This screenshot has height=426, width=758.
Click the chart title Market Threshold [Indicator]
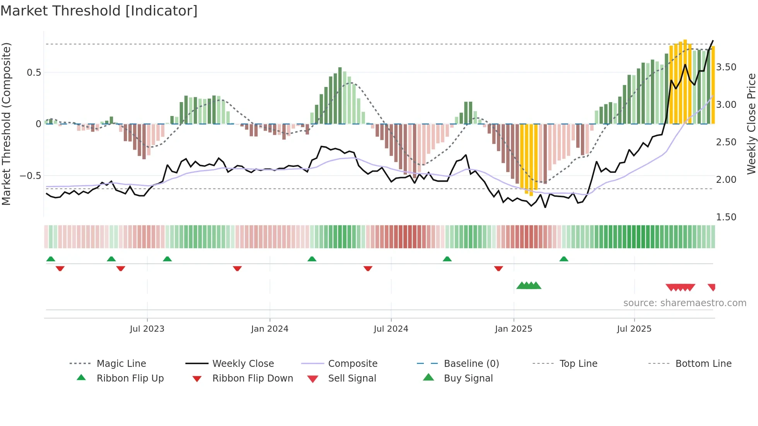click(99, 11)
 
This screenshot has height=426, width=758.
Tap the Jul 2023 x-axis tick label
click(147, 329)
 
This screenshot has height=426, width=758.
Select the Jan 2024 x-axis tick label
click(270, 329)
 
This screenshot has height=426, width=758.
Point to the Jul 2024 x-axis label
click(391, 329)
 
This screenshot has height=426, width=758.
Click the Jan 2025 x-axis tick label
click(513, 329)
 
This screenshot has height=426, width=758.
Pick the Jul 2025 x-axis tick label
click(634, 329)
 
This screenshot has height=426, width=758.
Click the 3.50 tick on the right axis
click(726, 67)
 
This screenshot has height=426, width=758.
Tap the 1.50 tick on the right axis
click(726, 217)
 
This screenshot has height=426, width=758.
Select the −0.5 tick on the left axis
click(31, 176)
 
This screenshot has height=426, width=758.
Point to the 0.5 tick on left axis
click(34, 73)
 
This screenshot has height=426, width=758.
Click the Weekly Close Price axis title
click(751, 124)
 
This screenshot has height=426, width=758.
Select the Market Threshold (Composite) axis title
click(6, 124)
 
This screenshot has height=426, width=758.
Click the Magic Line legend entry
click(121, 364)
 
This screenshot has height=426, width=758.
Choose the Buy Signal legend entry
click(468, 378)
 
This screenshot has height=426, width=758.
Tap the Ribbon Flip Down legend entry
click(252, 378)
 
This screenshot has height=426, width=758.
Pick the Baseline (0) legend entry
click(471, 364)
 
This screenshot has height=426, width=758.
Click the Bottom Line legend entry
click(703, 364)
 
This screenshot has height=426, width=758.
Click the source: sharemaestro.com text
click(685, 303)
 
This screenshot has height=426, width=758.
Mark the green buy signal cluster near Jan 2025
click(529, 286)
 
